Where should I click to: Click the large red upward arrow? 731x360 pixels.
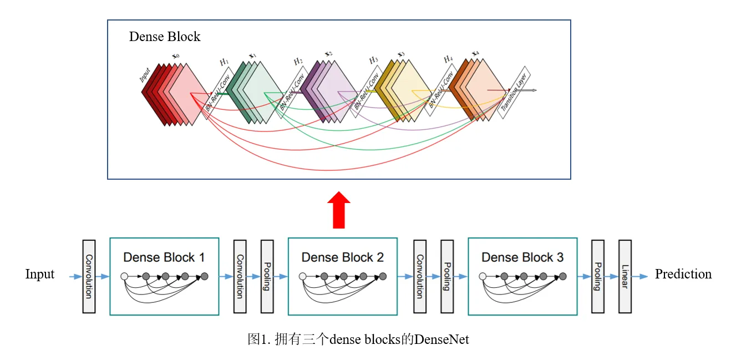coord(338,211)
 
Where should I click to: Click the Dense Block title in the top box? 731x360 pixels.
coord(164,37)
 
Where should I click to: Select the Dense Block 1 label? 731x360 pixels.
coord(164,257)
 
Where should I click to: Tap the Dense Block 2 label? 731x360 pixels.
coord(342,257)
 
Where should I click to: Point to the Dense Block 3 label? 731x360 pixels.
coord(522,257)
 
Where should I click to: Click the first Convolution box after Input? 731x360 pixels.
coord(89,276)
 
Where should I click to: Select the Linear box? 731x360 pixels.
coord(625,276)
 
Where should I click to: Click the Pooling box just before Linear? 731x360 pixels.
coord(597,276)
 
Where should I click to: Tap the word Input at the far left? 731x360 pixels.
coord(40,274)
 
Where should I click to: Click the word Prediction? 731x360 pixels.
coord(683,274)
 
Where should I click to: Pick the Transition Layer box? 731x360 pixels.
coord(514,92)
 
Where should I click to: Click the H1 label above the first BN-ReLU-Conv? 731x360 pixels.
coord(224,62)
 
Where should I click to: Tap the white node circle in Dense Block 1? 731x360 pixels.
coord(124,276)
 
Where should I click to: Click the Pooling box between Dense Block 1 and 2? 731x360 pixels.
coord(267,276)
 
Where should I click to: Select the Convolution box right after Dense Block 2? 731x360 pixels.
coord(420,276)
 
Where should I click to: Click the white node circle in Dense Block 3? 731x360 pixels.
coord(483,276)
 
